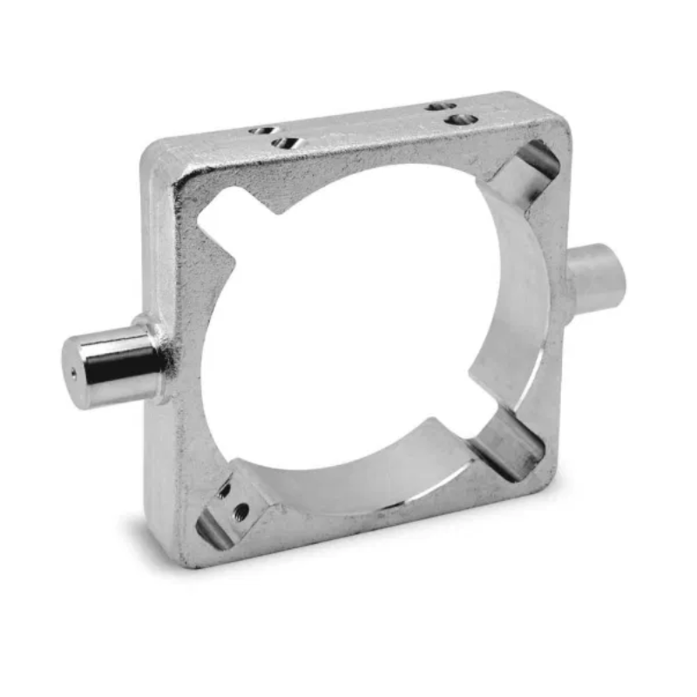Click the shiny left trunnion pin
(109, 365)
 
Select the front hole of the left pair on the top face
(285, 142)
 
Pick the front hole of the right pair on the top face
(462, 118)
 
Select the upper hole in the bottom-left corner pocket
(224, 490)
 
